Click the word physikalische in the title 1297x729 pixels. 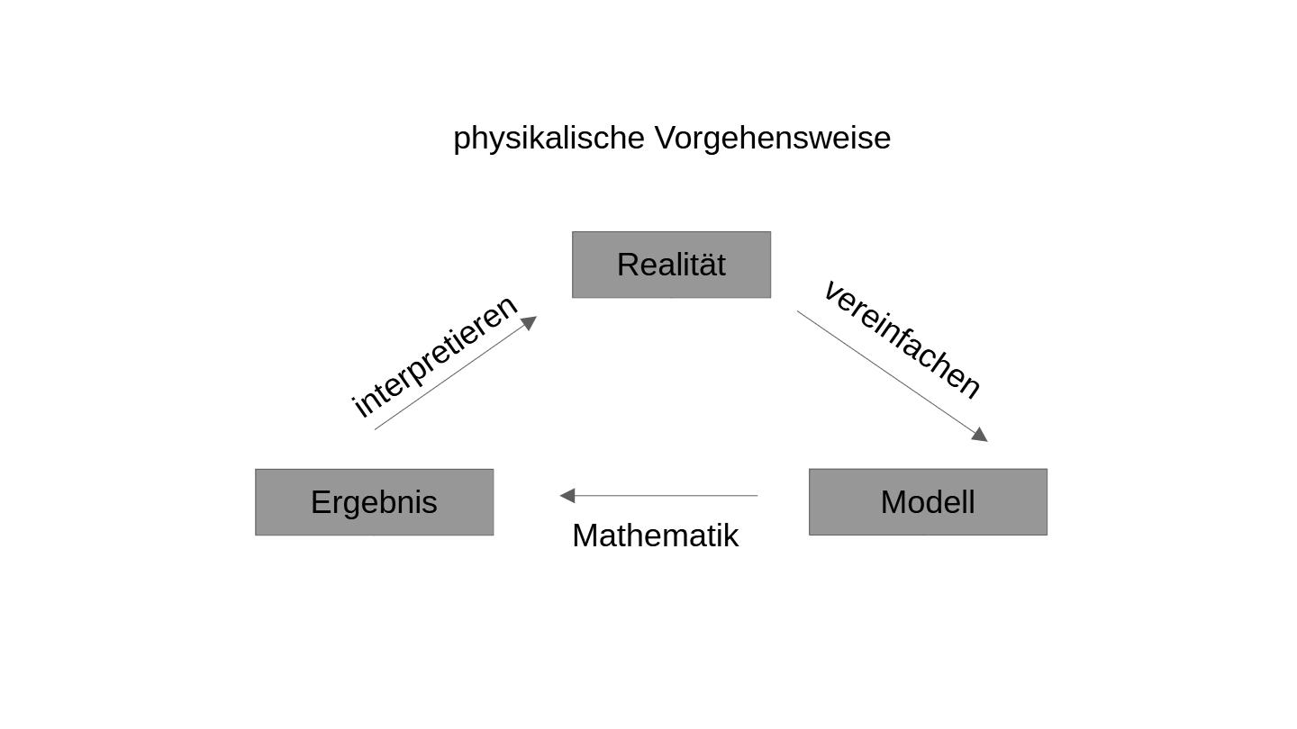[549, 139]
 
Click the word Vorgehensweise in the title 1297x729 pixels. [772, 139]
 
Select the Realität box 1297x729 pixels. [671, 265]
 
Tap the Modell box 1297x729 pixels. [928, 502]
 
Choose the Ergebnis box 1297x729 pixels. [374, 502]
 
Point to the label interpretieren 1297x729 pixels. [434, 355]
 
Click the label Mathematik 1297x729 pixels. [655, 535]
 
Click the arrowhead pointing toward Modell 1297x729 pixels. [980, 435]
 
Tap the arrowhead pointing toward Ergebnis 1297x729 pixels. [567, 495]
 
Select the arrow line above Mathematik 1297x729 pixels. [667, 495]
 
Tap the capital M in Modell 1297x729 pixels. [893, 502]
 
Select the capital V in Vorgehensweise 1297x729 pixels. [665, 139]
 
